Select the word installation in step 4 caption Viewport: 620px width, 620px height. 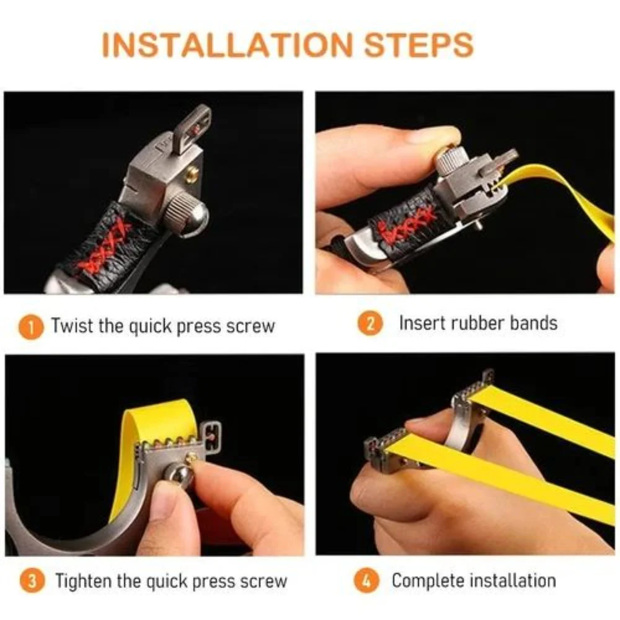point(513,581)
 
